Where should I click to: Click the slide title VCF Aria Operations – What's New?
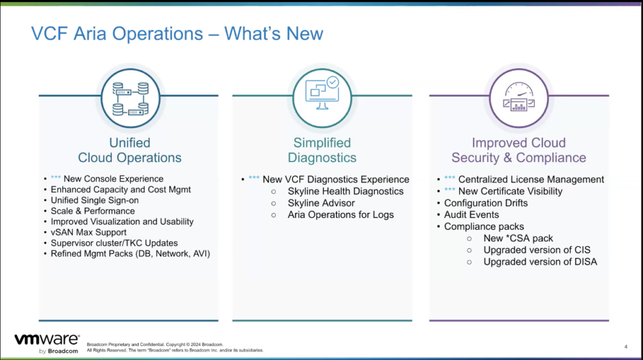tap(177, 33)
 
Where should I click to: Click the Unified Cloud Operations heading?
tap(129, 150)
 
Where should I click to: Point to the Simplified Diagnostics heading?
tap(322, 150)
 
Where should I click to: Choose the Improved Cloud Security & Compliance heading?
tap(519, 150)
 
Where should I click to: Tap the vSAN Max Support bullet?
tap(88, 232)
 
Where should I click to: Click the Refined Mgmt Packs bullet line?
tap(130, 254)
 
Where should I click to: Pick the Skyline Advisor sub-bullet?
tap(321, 204)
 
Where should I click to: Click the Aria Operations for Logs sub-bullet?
tap(340, 215)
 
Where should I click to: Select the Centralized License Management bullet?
tap(531, 180)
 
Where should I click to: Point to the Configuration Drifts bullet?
tap(485, 203)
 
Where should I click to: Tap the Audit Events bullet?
tap(471, 215)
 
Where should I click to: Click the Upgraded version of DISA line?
tap(539, 261)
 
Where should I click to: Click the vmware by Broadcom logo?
tap(46, 342)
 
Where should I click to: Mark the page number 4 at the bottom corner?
tap(626, 346)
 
